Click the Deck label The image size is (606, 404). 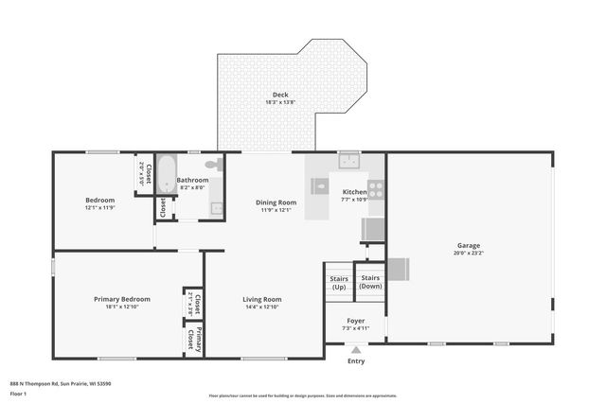point(279,95)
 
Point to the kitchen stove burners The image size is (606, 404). point(375,188)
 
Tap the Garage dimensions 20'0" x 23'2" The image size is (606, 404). point(469,253)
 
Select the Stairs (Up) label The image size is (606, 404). point(338,282)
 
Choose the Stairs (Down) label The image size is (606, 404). point(370,282)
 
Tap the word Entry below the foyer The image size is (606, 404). point(356,360)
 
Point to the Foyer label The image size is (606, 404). point(356,321)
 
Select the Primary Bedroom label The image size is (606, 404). point(121,299)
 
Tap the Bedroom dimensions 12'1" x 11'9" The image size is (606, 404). point(99,207)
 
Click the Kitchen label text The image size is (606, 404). point(354,192)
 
